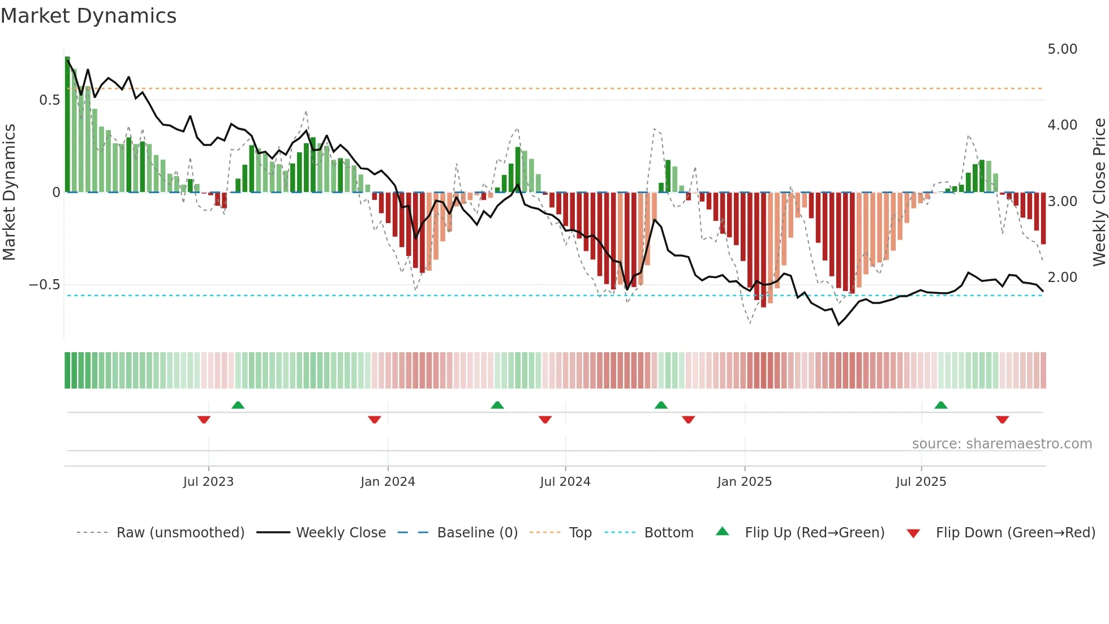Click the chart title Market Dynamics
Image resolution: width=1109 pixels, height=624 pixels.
(x=89, y=16)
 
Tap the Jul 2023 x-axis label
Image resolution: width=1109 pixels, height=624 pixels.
(x=208, y=482)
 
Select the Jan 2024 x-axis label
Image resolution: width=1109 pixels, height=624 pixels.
(x=388, y=482)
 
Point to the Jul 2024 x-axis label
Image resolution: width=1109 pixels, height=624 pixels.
(x=565, y=482)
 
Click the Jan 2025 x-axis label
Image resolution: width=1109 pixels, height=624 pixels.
(x=744, y=482)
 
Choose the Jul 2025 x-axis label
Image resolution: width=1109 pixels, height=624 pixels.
(x=921, y=482)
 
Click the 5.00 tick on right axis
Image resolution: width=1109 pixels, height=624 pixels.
(x=1062, y=49)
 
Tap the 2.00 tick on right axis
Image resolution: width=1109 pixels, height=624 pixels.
(x=1062, y=277)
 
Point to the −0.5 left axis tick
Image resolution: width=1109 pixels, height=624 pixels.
(x=45, y=285)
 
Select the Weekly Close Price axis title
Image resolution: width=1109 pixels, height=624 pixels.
(x=1099, y=193)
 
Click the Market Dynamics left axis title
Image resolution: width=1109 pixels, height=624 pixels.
(x=9, y=193)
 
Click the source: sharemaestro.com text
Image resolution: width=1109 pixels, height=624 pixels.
(x=1001, y=444)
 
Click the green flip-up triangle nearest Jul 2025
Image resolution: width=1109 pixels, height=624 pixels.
(x=941, y=405)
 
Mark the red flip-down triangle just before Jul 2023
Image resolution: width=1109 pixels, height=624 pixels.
(x=204, y=420)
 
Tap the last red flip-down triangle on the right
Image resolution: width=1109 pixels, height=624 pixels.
(x=1002, y=420)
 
